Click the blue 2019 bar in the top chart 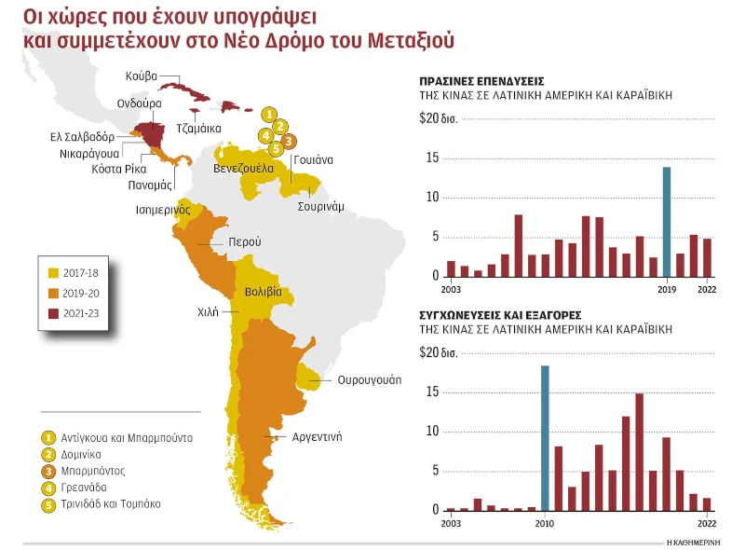point(666,222)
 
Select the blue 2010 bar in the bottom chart point(545,438)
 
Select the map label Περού point(246,242)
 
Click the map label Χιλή point(208,312)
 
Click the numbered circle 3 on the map point(289,142)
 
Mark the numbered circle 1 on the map point(268,114)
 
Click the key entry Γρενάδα point(88,488)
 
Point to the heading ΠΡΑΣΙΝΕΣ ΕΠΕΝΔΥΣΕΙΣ point(482,82)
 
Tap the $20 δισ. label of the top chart point(439,118)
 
